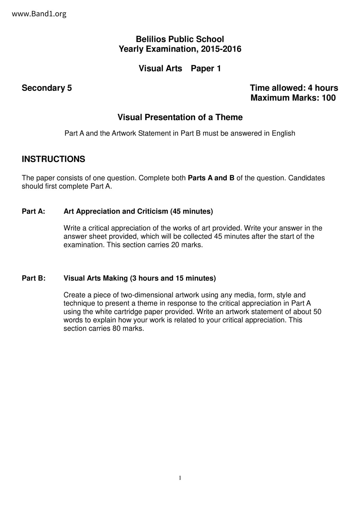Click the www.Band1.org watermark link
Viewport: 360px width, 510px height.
[x=39, y=14]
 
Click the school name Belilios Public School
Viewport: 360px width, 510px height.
[x=180, y=39]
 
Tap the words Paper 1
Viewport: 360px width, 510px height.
[x=206, y=68]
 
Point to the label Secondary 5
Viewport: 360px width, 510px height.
[x=47, y=88]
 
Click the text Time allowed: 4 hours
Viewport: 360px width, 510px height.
[x=294, y=88]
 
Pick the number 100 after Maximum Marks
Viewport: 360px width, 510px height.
[x=329, y=98]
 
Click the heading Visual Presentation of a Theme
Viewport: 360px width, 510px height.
[x=180, y=117]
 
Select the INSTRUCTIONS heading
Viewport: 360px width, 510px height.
[x=53, y=159]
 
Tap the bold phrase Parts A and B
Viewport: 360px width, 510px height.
[x=211, y=178]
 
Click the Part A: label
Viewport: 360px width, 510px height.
[x=33, y=211]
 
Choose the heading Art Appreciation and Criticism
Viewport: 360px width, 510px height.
[x=116, y=211]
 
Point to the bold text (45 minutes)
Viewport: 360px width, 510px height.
[x=192, y=211]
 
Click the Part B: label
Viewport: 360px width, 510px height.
[x=34, y=278]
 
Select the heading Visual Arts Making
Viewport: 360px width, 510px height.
[x=96, y=278]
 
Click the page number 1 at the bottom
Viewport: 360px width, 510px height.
[x=180, y=478]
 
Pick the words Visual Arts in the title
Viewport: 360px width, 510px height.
[x=160, y=68]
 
